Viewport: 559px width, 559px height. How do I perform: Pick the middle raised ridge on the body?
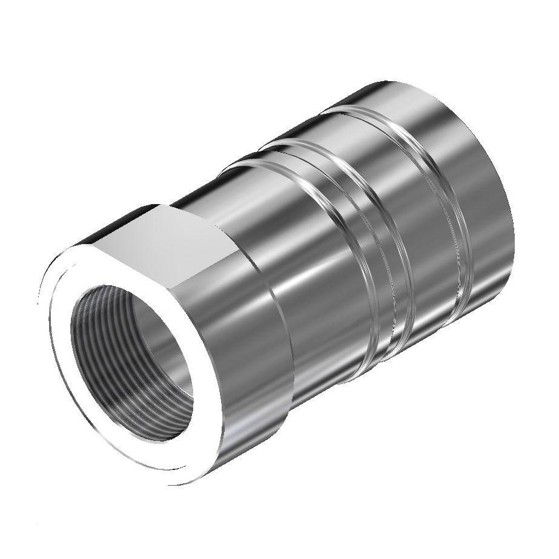pos(303,145)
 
